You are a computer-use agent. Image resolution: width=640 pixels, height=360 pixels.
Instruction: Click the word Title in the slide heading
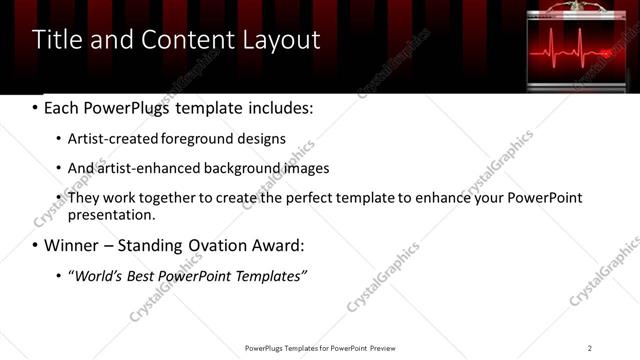(57, 39)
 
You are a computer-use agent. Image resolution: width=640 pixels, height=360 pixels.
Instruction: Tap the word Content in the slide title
(182, 39)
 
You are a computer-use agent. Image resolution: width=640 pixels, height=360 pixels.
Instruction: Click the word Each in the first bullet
(62, 107)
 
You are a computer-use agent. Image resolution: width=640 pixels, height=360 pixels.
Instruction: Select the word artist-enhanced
(142, 168)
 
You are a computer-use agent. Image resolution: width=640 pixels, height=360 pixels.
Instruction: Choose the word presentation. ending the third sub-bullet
(111, 214)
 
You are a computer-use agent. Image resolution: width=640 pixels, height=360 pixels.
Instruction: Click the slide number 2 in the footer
(589, 348)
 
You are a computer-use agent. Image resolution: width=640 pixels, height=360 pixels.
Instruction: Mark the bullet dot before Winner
(36, 245)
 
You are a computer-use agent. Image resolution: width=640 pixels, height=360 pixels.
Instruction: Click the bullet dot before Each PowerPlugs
(36, 107)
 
